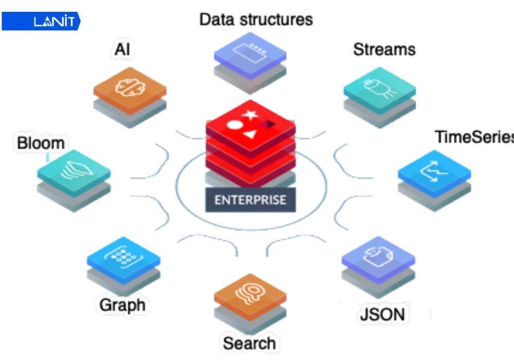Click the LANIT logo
tap(41, 22)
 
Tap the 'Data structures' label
tap(256, 20)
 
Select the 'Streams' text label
tap(384, 49)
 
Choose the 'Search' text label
tap(249, 343)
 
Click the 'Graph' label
tap(122, 304)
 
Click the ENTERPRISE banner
tap(250, 199)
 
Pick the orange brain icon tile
tap(130, 88)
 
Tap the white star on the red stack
tap(250, 114)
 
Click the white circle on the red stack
tap(234, 124)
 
